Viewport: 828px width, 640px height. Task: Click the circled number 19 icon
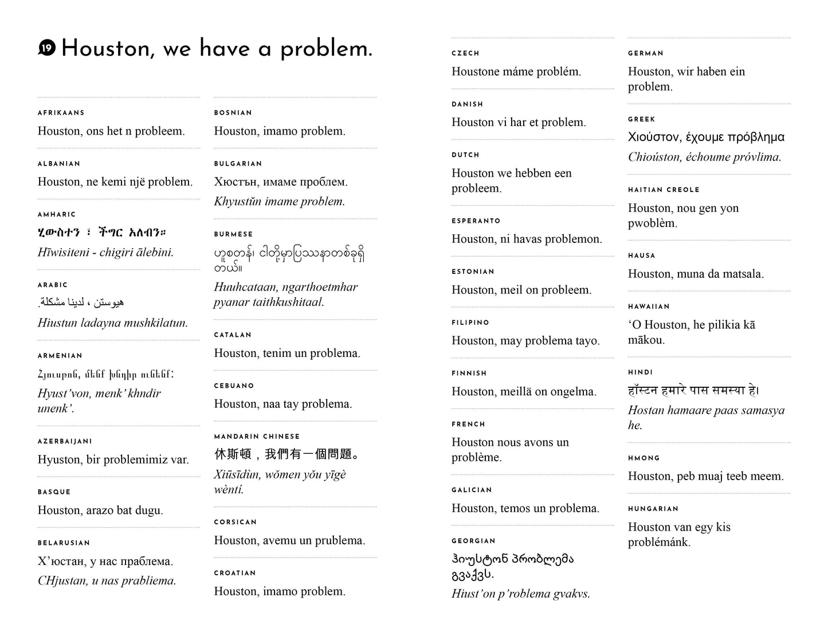point(47,49)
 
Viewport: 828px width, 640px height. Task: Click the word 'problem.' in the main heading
point(326,50)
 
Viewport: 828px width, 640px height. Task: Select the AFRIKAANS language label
point(61,113)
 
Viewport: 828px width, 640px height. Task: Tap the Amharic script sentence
point(102,233)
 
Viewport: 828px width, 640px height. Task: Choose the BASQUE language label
point(54,492)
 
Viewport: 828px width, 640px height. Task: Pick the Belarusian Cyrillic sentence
point(105,562)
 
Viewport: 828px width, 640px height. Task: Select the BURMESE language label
point(233,234)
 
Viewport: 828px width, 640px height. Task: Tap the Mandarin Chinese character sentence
point(287,454)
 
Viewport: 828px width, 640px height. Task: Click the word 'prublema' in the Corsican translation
point(338,541)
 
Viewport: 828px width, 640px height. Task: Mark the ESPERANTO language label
point(476,221)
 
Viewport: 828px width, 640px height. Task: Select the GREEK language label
point(642,119)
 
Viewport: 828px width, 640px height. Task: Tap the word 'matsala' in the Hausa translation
point(743,274)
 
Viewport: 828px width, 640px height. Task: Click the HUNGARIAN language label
point(653,509)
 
